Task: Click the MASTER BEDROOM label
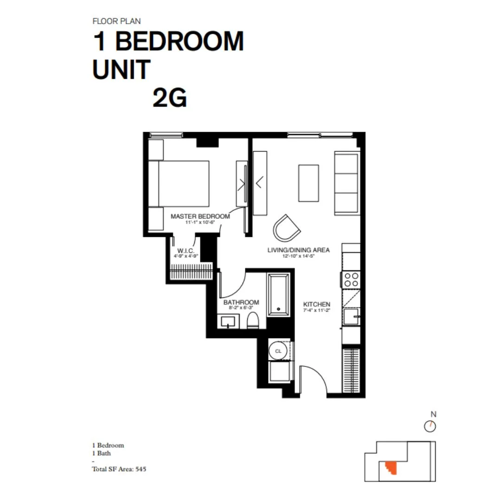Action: click(x=200, y=216)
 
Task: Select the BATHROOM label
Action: click(x=241, y=302)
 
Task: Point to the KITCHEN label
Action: click(x=317, y=304)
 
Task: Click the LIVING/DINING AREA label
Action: click(x=298, y=250)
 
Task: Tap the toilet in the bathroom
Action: click(x=253, y=320)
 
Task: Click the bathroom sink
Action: click(x=228, y=321)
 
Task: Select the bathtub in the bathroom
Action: click(x=278, y=295)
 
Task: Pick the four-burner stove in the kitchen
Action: click(x=351, y=280)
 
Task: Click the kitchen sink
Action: click(x=352, y=318)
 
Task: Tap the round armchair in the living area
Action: click(x=286, y=227)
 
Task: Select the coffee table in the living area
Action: click(x=308, y=183)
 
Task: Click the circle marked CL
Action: click(x=278, y=351)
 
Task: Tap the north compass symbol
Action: click(x=430, y=426)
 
